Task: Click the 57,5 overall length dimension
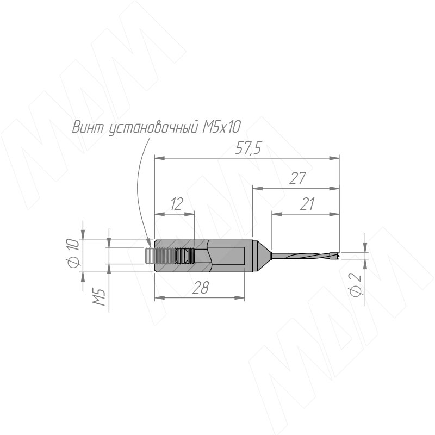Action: click(x=248, y=149)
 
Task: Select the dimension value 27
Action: click(x=297, y=178)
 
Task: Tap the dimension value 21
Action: click(x=307, y=204)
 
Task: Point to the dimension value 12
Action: click(x=176, y=204)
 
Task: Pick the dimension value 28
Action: click(x=200, y=288)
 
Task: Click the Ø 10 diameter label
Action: click(x=73, y=253)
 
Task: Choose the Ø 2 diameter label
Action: click(x=355, y=285)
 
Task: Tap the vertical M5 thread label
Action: click(x=99, y=297)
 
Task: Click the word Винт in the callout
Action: click(x=88, y=127)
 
